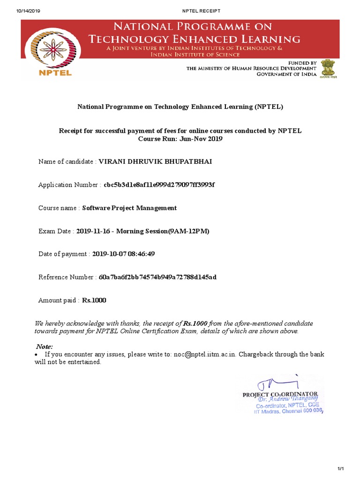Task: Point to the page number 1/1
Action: coord(341,469)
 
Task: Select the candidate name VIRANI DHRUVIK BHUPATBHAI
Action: coord(151,162)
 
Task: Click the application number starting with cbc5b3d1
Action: coord(159,185)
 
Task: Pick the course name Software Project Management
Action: coord(129,208)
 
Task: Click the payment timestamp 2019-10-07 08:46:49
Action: coord(123,254)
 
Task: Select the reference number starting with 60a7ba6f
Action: coord(157,277)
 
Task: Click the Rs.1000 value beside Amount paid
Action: coord(94,300)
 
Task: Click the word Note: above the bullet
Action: coord(45,346)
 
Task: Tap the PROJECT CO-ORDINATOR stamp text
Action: coord(280,395)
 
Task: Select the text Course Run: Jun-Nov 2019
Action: coord(180,139)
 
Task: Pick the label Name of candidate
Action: coord(66,162)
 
